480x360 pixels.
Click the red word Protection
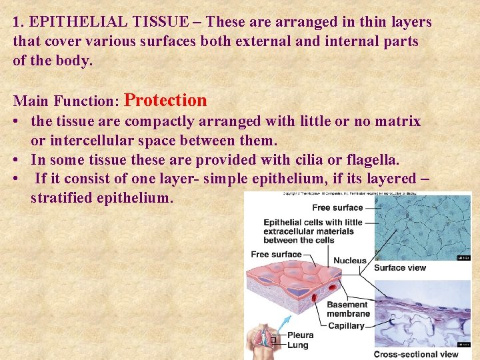(165, 101)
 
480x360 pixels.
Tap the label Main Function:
(66, 102)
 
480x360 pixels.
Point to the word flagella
(373, 161)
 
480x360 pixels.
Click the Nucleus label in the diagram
(349, 261)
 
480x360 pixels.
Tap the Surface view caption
(399, 268)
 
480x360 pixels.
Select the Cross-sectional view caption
(415, 354)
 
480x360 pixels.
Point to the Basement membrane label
(347, 309)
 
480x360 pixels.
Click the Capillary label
(346, 325)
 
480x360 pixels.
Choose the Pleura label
(300, 335)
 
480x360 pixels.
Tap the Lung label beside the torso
(297, 345)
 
